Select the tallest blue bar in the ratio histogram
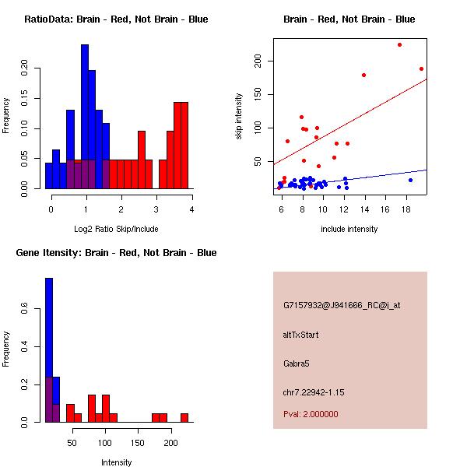pos(84,117)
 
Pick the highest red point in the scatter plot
pos(399,44)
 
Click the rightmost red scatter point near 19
pos(421,68)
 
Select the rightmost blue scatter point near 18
pos(410,180)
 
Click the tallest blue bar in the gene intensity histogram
pos(48,349)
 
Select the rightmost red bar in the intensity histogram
pos(184,417)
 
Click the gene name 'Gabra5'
pos(297,363)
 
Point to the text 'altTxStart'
pos(301,335)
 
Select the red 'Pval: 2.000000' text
pos(311,414)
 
